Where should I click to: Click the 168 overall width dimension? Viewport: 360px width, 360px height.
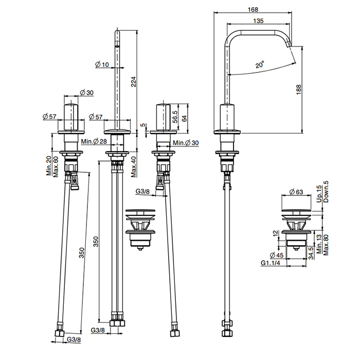click(x=253, y=9)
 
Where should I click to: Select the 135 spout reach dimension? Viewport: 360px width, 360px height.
click(x=258, y=21)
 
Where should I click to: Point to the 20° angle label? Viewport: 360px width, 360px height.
click(x=260, y=64)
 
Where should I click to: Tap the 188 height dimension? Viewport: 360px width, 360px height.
click(x=298, y=89)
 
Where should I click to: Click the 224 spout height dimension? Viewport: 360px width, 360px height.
click(x=133, y=81)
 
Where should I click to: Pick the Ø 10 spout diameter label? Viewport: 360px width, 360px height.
click(x=102, y=64)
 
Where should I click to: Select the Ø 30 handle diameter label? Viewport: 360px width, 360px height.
click(x=86, y=93)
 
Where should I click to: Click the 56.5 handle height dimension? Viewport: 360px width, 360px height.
click(x=175, y=117)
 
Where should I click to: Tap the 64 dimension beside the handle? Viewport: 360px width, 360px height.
click(x=184, y=118)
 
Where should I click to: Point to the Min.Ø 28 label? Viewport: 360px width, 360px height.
click(x=94, y=141)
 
